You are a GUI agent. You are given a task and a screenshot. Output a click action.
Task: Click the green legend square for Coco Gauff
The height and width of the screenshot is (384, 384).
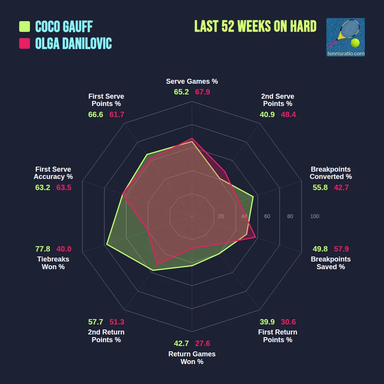tap(25, 26)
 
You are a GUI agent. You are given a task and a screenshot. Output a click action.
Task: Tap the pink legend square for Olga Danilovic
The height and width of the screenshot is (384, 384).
tap(25, 43)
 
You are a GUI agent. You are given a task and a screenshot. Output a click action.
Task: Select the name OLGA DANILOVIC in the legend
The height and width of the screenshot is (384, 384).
tap(73, 43)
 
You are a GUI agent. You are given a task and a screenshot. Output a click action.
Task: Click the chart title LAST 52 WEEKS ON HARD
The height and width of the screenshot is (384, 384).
tap(255, 26)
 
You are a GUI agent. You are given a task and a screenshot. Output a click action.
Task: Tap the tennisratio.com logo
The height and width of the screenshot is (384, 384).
tap(345, 37)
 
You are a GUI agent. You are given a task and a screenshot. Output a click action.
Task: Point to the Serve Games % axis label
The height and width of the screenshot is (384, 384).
tap(192, 81)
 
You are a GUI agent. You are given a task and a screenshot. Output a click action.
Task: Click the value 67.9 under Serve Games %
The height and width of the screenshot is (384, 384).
tap(202, 92)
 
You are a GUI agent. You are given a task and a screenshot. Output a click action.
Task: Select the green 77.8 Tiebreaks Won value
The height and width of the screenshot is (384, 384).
tap(43, 249)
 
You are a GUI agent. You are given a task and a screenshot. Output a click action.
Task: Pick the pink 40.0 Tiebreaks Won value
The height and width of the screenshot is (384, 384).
tap(64, 249)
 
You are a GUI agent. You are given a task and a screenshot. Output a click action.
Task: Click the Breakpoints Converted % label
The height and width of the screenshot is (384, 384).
tap(331, 173)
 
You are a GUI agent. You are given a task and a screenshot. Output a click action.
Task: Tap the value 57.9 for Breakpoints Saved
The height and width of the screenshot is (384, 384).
tap(341, 249)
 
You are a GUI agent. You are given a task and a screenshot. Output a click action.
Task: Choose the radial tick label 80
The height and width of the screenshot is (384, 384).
tap(290, 217)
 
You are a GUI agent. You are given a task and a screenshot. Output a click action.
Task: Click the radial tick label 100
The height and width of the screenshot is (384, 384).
tap(314, 217)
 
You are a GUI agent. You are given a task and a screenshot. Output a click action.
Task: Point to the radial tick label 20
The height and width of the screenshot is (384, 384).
tap(221, 217)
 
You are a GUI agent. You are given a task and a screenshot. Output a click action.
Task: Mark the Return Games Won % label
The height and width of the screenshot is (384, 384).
tap(192, 358)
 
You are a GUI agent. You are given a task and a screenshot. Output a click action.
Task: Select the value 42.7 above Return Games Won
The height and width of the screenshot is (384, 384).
tap(181, 343)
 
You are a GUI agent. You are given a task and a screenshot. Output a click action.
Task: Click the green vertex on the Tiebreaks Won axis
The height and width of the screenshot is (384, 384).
tap(107, 244)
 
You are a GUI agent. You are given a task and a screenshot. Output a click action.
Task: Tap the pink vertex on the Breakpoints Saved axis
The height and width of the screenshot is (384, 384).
tap(256, 238)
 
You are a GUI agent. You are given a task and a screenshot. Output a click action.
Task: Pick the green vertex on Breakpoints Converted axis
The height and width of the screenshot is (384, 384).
tap(253, 197)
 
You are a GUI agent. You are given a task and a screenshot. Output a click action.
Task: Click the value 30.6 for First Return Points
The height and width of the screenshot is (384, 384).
tap(288, 322)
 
